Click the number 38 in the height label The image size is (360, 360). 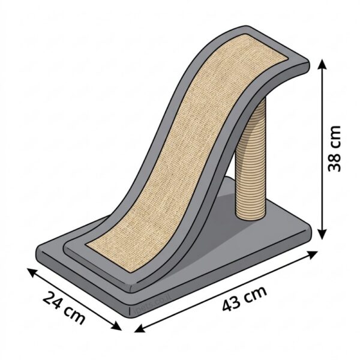[x=335, y=161]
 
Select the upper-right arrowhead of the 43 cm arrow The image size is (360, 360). [x=313, y=255]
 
